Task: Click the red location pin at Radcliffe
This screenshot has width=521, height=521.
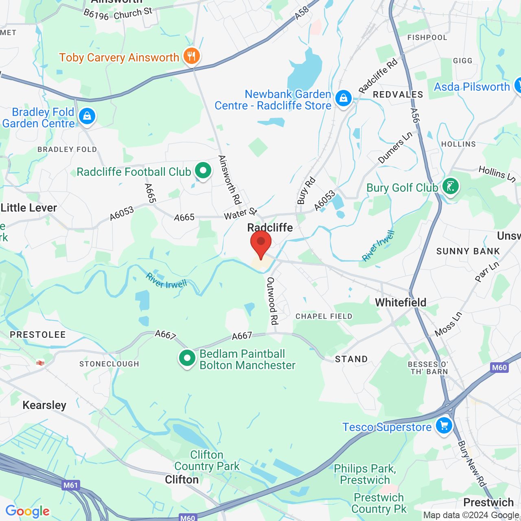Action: pyautogui.click(x=261, y=243)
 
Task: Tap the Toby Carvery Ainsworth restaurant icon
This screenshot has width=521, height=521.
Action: pyautogui.click(x=191, y=56)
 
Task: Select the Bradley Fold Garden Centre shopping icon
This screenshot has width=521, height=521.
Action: pyautogui.click(x=87, y=116)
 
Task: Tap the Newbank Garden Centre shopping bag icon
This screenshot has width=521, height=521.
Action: pyautogui.click(x=344, y=99)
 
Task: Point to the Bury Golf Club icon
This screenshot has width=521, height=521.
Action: pyautogui.click(x=450, y=186)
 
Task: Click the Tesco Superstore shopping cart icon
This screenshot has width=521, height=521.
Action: pyautogui.click(x=444, y=426)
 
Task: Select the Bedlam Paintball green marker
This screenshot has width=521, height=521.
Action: pyautogui.click(x=187, y=359)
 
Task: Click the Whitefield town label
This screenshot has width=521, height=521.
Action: pyautogui.click(x=401, y=302)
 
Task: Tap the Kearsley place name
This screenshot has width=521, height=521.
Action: pyautogui.click(x=44, y=405)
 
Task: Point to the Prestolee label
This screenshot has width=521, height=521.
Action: pyautogui.click(x=38, y=335)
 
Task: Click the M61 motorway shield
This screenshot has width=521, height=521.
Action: pyautogui.click(x=70, y=485)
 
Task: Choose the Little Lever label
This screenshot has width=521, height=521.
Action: pyautogui.click(x=29, y=208)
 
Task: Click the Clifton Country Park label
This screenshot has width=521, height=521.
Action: pyautogui.click(x=207, y=460)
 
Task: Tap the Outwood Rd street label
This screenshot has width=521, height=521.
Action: pyautogui.click(x=272, y=301)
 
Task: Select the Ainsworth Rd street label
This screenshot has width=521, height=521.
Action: pyautogui.click(x=230, y=180)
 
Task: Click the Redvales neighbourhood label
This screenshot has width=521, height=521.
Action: pyautogui.click(x=398, y=94)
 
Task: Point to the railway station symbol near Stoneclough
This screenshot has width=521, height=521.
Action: pyautogui.click(x=40, y=363)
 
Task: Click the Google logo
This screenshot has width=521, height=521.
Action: pyautogui.click(x=28, y=511)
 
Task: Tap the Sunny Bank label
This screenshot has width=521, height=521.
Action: pyautogui.click(x=468, y=251)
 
